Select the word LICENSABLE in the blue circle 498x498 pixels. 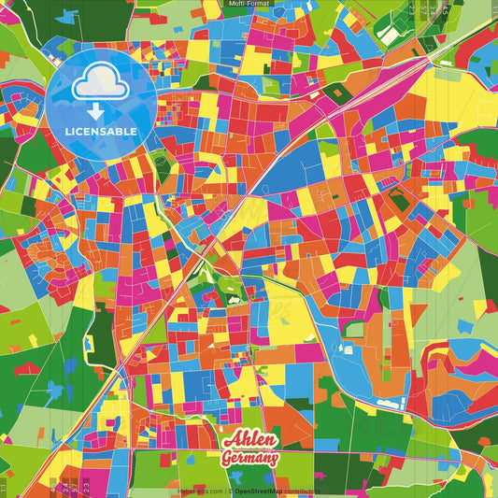pos(102,132)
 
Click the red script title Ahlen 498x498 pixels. pos(249,441)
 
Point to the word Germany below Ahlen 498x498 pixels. pos(249,459)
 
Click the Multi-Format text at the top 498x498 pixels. pos(249,4)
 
